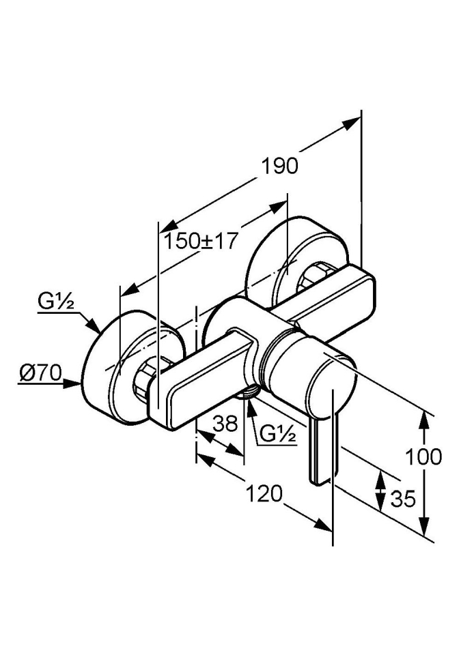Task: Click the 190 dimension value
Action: click(281, 166)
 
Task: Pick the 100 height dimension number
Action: click(423, 456)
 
